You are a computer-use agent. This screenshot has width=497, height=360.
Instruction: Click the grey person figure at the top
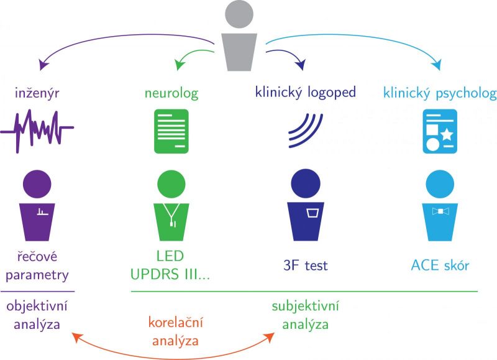[239, 37]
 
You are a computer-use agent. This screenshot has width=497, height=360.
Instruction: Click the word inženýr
[37, 94]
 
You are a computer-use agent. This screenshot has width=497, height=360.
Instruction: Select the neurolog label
[171, 94]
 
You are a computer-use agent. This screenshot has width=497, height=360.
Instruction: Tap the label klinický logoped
[305, 93]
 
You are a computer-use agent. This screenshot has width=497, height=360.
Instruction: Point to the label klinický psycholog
[440, 94]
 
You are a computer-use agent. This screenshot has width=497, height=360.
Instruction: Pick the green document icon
[171, 131]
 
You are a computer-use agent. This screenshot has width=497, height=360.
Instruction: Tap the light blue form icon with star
[439, 131]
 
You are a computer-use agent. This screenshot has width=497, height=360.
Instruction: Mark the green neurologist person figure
[171, 208]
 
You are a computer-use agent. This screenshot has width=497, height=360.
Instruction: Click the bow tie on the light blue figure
[440, 212]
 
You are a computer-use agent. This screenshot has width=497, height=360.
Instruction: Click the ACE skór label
[440, 266]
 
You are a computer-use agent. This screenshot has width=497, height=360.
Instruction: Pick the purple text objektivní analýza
[37, 315]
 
